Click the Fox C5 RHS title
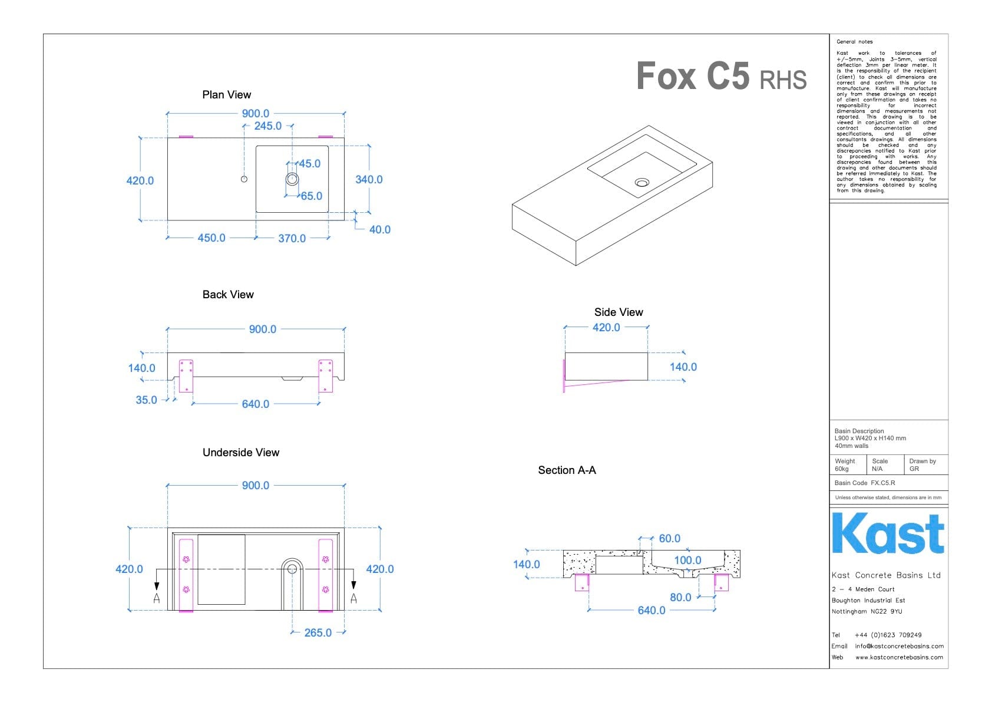click(x=721, y=77)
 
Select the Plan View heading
click(x=226, y=95)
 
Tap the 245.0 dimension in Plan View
click(x=267, y=126)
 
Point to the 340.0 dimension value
click(x=369, y=180)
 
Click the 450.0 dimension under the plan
click(x=211, y=238)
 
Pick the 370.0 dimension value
click(x=292, y=239)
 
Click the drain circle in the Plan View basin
click(x=292, y=179)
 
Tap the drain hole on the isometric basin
click(x=642, y=182)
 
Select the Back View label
click(x=228, y=295)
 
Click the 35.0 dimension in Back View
click(x=146, y=400)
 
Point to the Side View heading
click(x=619, y=312)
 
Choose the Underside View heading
click(x=241, y=453)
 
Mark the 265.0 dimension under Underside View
click(x=318, y=633)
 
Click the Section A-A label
click(x=567, y=470)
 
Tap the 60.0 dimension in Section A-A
click(x=669, y=539)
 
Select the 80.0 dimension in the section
click(x=680, y=598)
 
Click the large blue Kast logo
click(x=888, y=533)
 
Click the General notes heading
click(x=854, y=42)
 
